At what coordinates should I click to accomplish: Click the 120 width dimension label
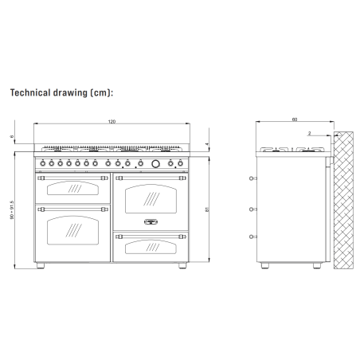(x=112, y=122)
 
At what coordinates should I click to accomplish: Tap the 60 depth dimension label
(x=295, y=119)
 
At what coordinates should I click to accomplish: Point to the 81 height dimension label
(x=207, y=209)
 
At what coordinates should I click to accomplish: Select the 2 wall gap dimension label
(x=309, y=133)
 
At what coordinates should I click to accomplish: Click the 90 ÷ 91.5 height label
(x=12, y=209)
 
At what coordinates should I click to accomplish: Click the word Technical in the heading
(x=30, y=92)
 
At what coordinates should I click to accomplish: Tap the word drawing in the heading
(x=70, y=93)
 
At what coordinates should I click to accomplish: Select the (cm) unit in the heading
(x=101, y=92)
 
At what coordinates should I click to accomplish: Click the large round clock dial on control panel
(x=155, y=164)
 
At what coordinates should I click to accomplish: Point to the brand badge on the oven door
(x=151, y=221)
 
